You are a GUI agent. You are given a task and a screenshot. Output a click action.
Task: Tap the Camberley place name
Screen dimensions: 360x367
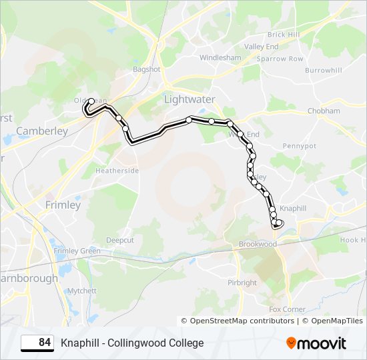(x=42, y=131)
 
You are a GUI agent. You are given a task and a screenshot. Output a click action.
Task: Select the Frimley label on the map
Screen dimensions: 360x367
(x=63, y=205)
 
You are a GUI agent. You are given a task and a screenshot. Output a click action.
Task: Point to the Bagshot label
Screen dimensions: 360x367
(x=147, y=69)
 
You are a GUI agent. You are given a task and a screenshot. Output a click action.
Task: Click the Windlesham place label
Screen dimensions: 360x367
(x=220, y=58)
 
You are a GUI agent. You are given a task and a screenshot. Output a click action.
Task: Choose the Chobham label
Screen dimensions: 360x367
(x=324, y=111)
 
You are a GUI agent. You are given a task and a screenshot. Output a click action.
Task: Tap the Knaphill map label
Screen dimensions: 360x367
(x=293, y=209)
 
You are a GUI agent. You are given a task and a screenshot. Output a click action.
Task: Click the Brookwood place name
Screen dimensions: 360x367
(x=258, y=244)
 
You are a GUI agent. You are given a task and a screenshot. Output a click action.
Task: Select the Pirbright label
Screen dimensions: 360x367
(x=242, y=283)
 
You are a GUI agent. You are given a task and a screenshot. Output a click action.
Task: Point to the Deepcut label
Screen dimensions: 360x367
(x=120, y=239)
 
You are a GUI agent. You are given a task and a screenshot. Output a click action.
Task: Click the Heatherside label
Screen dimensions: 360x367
(x=117, y=171)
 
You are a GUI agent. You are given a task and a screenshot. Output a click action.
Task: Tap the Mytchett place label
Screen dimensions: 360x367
(x=82, y=291)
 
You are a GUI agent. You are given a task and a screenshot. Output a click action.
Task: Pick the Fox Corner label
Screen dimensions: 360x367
(x=287, y=309)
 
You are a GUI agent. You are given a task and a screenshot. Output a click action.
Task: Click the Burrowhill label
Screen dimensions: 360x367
(x=324, y=70)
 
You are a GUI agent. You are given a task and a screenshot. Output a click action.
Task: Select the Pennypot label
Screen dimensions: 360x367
(x=300, y=145)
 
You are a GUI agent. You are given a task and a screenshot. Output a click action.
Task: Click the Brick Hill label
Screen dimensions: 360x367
(x=284, y=34)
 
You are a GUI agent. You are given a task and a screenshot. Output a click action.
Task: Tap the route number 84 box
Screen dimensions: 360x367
(x=37, y=343)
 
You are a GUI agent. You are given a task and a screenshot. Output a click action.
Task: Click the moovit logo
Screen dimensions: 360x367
(x=316, y=343)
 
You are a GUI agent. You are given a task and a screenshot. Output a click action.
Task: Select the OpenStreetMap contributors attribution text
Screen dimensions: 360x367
(x=242, y=321)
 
